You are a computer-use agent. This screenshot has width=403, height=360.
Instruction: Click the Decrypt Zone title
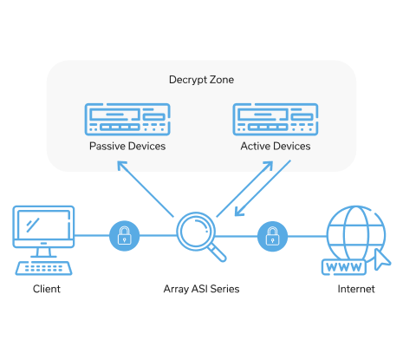click(x=201, y=80)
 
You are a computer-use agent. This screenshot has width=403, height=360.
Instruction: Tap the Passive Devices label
click(x=127, y=146)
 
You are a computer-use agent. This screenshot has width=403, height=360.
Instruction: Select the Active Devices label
click(x=276, y=146)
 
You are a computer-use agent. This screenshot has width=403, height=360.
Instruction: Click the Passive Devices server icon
click(x=127, y=119)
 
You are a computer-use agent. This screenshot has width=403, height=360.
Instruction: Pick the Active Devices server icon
click(x=276, y=119)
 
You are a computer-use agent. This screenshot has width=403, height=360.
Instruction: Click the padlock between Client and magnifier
click(x=125, y=236)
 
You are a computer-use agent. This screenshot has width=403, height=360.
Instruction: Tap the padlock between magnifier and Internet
click(x=272, y=236)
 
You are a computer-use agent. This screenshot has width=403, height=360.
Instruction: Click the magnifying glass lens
click(x=196, y=232)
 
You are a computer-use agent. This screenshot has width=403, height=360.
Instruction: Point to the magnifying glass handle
click(x=218, y=252)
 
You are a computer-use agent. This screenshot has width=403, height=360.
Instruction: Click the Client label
click(x=47, y=289)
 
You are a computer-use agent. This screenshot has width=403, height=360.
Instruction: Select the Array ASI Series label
click(x=201, y=289)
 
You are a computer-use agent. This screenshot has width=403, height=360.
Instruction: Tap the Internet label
click(x=356, y=289)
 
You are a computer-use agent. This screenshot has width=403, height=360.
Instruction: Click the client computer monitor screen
click(x=43, y=225)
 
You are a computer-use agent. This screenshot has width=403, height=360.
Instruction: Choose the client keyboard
click(x=43, y=268)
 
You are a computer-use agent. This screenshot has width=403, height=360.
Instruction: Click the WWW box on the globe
click(x=344, y=267)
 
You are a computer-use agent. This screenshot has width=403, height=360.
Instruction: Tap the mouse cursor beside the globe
click(x=381, y=259)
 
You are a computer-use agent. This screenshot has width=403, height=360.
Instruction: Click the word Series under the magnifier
click(x=224, y=289)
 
